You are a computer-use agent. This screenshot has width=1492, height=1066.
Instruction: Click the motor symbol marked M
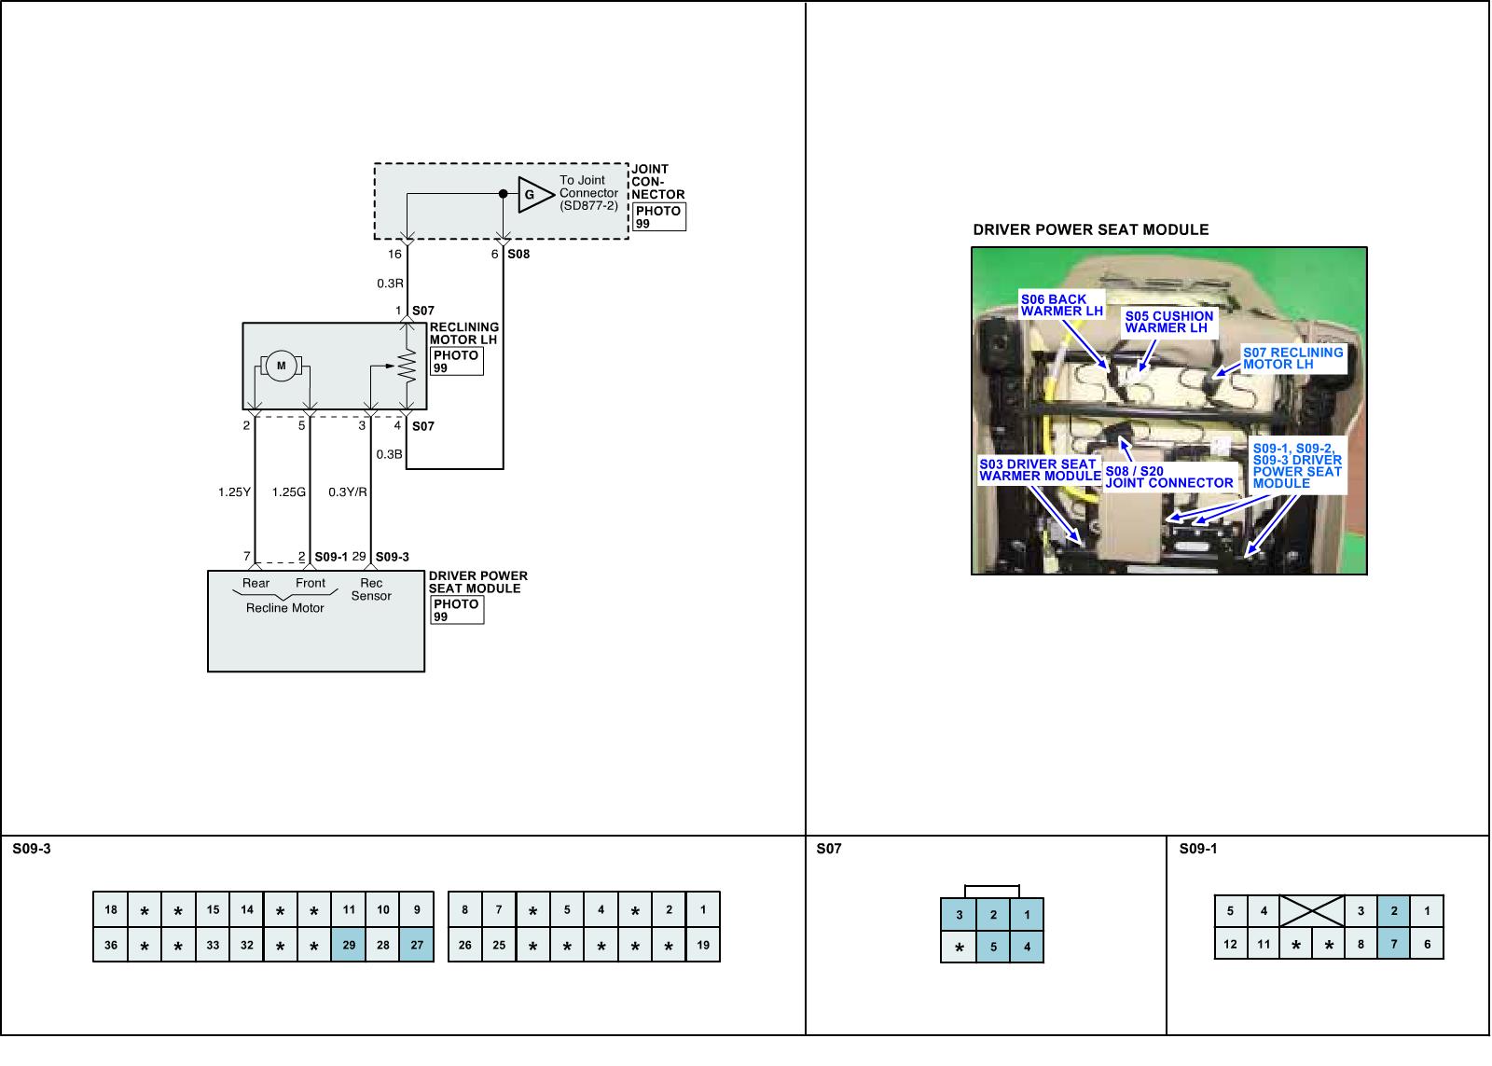(281, 366)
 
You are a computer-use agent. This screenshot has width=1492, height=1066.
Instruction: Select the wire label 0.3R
(390, 284)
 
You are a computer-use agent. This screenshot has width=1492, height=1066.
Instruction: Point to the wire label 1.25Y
(234, 491)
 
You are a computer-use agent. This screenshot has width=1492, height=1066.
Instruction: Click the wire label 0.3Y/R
(348, 491)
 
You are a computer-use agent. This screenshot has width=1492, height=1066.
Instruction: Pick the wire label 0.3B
(389, 454)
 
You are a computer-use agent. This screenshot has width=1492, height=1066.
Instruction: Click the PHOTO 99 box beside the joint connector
(658, 216)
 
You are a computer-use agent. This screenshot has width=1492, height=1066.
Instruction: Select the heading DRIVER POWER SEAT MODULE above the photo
(1090, 229)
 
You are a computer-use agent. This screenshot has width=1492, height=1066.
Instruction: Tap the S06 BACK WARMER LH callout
(1061, 305)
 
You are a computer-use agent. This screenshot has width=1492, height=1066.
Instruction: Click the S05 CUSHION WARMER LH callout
(1168, 322)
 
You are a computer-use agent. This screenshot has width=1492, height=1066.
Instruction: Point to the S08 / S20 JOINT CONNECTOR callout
(1168, 477)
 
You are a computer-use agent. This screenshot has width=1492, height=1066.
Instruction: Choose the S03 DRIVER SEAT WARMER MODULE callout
(1040, 470)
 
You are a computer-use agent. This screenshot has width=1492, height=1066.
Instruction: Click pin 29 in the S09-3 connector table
(349, 945)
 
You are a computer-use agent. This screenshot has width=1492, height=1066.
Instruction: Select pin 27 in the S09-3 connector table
(417, 945)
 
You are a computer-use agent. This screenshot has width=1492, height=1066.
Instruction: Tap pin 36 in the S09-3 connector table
(111, 945)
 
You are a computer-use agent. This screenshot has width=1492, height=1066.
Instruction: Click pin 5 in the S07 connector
(993, 948)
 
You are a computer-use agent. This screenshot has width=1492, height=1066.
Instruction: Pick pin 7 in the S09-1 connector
(1394, 944)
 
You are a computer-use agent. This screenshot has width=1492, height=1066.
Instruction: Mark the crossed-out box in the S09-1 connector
(1311, 910)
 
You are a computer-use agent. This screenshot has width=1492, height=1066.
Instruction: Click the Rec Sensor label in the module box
(371, 589)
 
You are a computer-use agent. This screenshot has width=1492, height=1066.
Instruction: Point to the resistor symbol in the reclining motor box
(407, 367)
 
